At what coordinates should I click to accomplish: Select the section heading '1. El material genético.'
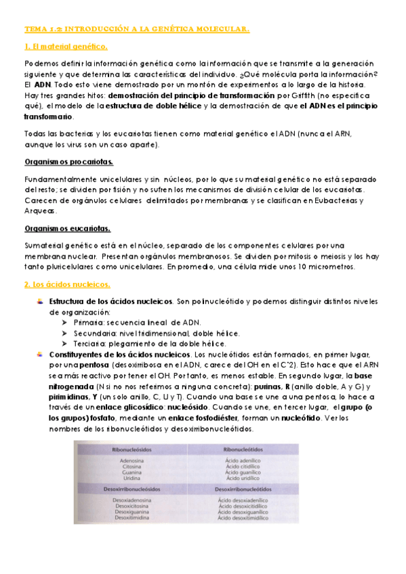[66, 46]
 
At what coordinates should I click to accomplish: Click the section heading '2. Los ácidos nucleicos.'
[66, 284]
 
